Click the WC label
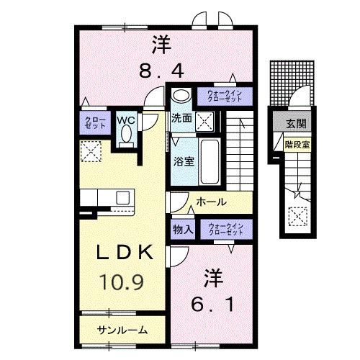pyautogui.click(x=127, y=120)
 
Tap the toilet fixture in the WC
pyautogui.click(x=127, y=135)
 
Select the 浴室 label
pyautogui.click(x=181, y=161)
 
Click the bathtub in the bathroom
pyautogui.click(x=210, y=160)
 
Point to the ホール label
pyautogui.click(x=210, y=202)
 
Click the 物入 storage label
pyautogui.click(x=182, y=229)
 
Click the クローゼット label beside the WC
pyautogui.click(x=94, y=122)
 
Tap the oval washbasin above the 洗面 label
pyautogui.click(x=181, y=95)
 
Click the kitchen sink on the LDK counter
pyautogui.click(x=122, y=197)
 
